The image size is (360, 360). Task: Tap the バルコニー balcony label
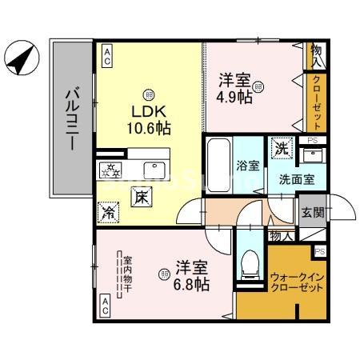(71, 120)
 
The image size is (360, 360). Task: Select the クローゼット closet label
(318, 103)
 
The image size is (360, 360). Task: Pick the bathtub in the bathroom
(218, 166)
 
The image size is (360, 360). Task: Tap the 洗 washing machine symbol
(282, 148)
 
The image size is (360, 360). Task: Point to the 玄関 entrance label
(313, 213)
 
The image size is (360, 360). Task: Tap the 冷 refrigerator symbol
(109, 211)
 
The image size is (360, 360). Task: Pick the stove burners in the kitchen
(110, 169)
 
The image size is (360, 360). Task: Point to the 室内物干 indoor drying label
(126, 274)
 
